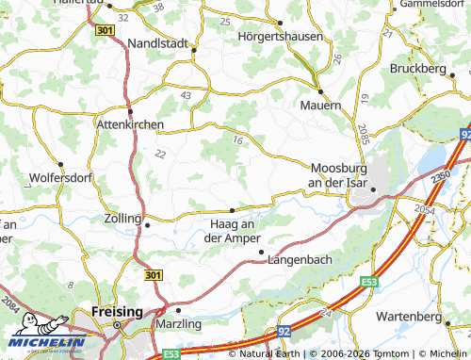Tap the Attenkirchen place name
click(x=131, y=123)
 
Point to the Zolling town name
click(x=122, y=218)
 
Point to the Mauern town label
click(x=321, y=106)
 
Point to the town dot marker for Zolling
click(x=146, y=225)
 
